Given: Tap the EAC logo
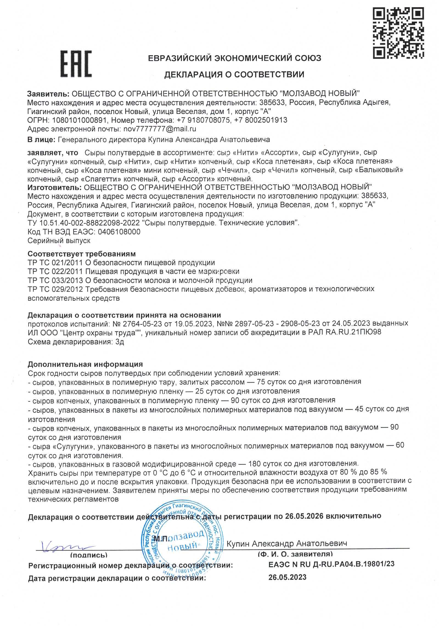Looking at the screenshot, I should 76,64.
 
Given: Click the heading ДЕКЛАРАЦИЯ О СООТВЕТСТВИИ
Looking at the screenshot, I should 234,74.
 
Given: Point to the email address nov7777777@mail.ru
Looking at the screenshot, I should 160,129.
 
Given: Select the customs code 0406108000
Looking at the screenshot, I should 117,232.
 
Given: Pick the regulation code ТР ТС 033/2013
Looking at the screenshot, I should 55,281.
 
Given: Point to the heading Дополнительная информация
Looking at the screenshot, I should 85,364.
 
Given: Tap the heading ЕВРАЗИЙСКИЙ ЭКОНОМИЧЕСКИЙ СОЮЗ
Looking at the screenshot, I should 234,58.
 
